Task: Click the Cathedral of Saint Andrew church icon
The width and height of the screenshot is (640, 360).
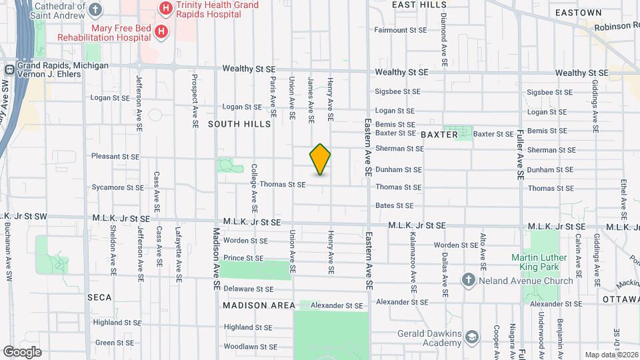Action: tap(96, 9)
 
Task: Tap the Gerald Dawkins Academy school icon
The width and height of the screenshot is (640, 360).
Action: tap(473, 337)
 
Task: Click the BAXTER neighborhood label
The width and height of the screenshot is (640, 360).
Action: tap(439, 135)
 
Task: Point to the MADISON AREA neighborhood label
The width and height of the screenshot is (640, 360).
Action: tap(259, 305)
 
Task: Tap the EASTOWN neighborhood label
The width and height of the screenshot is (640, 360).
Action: tap(578, 13)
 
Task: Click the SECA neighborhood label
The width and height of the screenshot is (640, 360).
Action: tap(99, 297)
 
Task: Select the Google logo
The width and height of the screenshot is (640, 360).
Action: tap(22, 352)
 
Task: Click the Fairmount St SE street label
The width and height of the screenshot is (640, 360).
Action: tap(400, 30)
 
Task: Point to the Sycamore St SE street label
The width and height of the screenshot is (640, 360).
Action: tap(117, 187)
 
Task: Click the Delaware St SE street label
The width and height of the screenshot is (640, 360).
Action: tap(249, 289)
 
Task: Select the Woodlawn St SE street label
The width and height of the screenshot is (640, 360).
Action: tap(251, 347)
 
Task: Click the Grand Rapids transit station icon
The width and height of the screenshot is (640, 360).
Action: tap(10, 69)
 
